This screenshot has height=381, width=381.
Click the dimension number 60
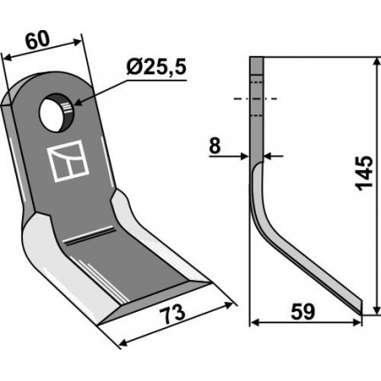[37, 40]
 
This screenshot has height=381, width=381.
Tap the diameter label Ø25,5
[156, 67]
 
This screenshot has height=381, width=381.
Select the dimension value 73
[175, 314]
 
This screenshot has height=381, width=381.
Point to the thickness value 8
[214, 145]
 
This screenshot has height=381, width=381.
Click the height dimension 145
[363, 173]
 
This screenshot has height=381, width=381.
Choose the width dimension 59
[303, 312]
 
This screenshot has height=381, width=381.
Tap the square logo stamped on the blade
[68, 161]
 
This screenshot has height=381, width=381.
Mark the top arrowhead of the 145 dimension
[377, 61]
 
